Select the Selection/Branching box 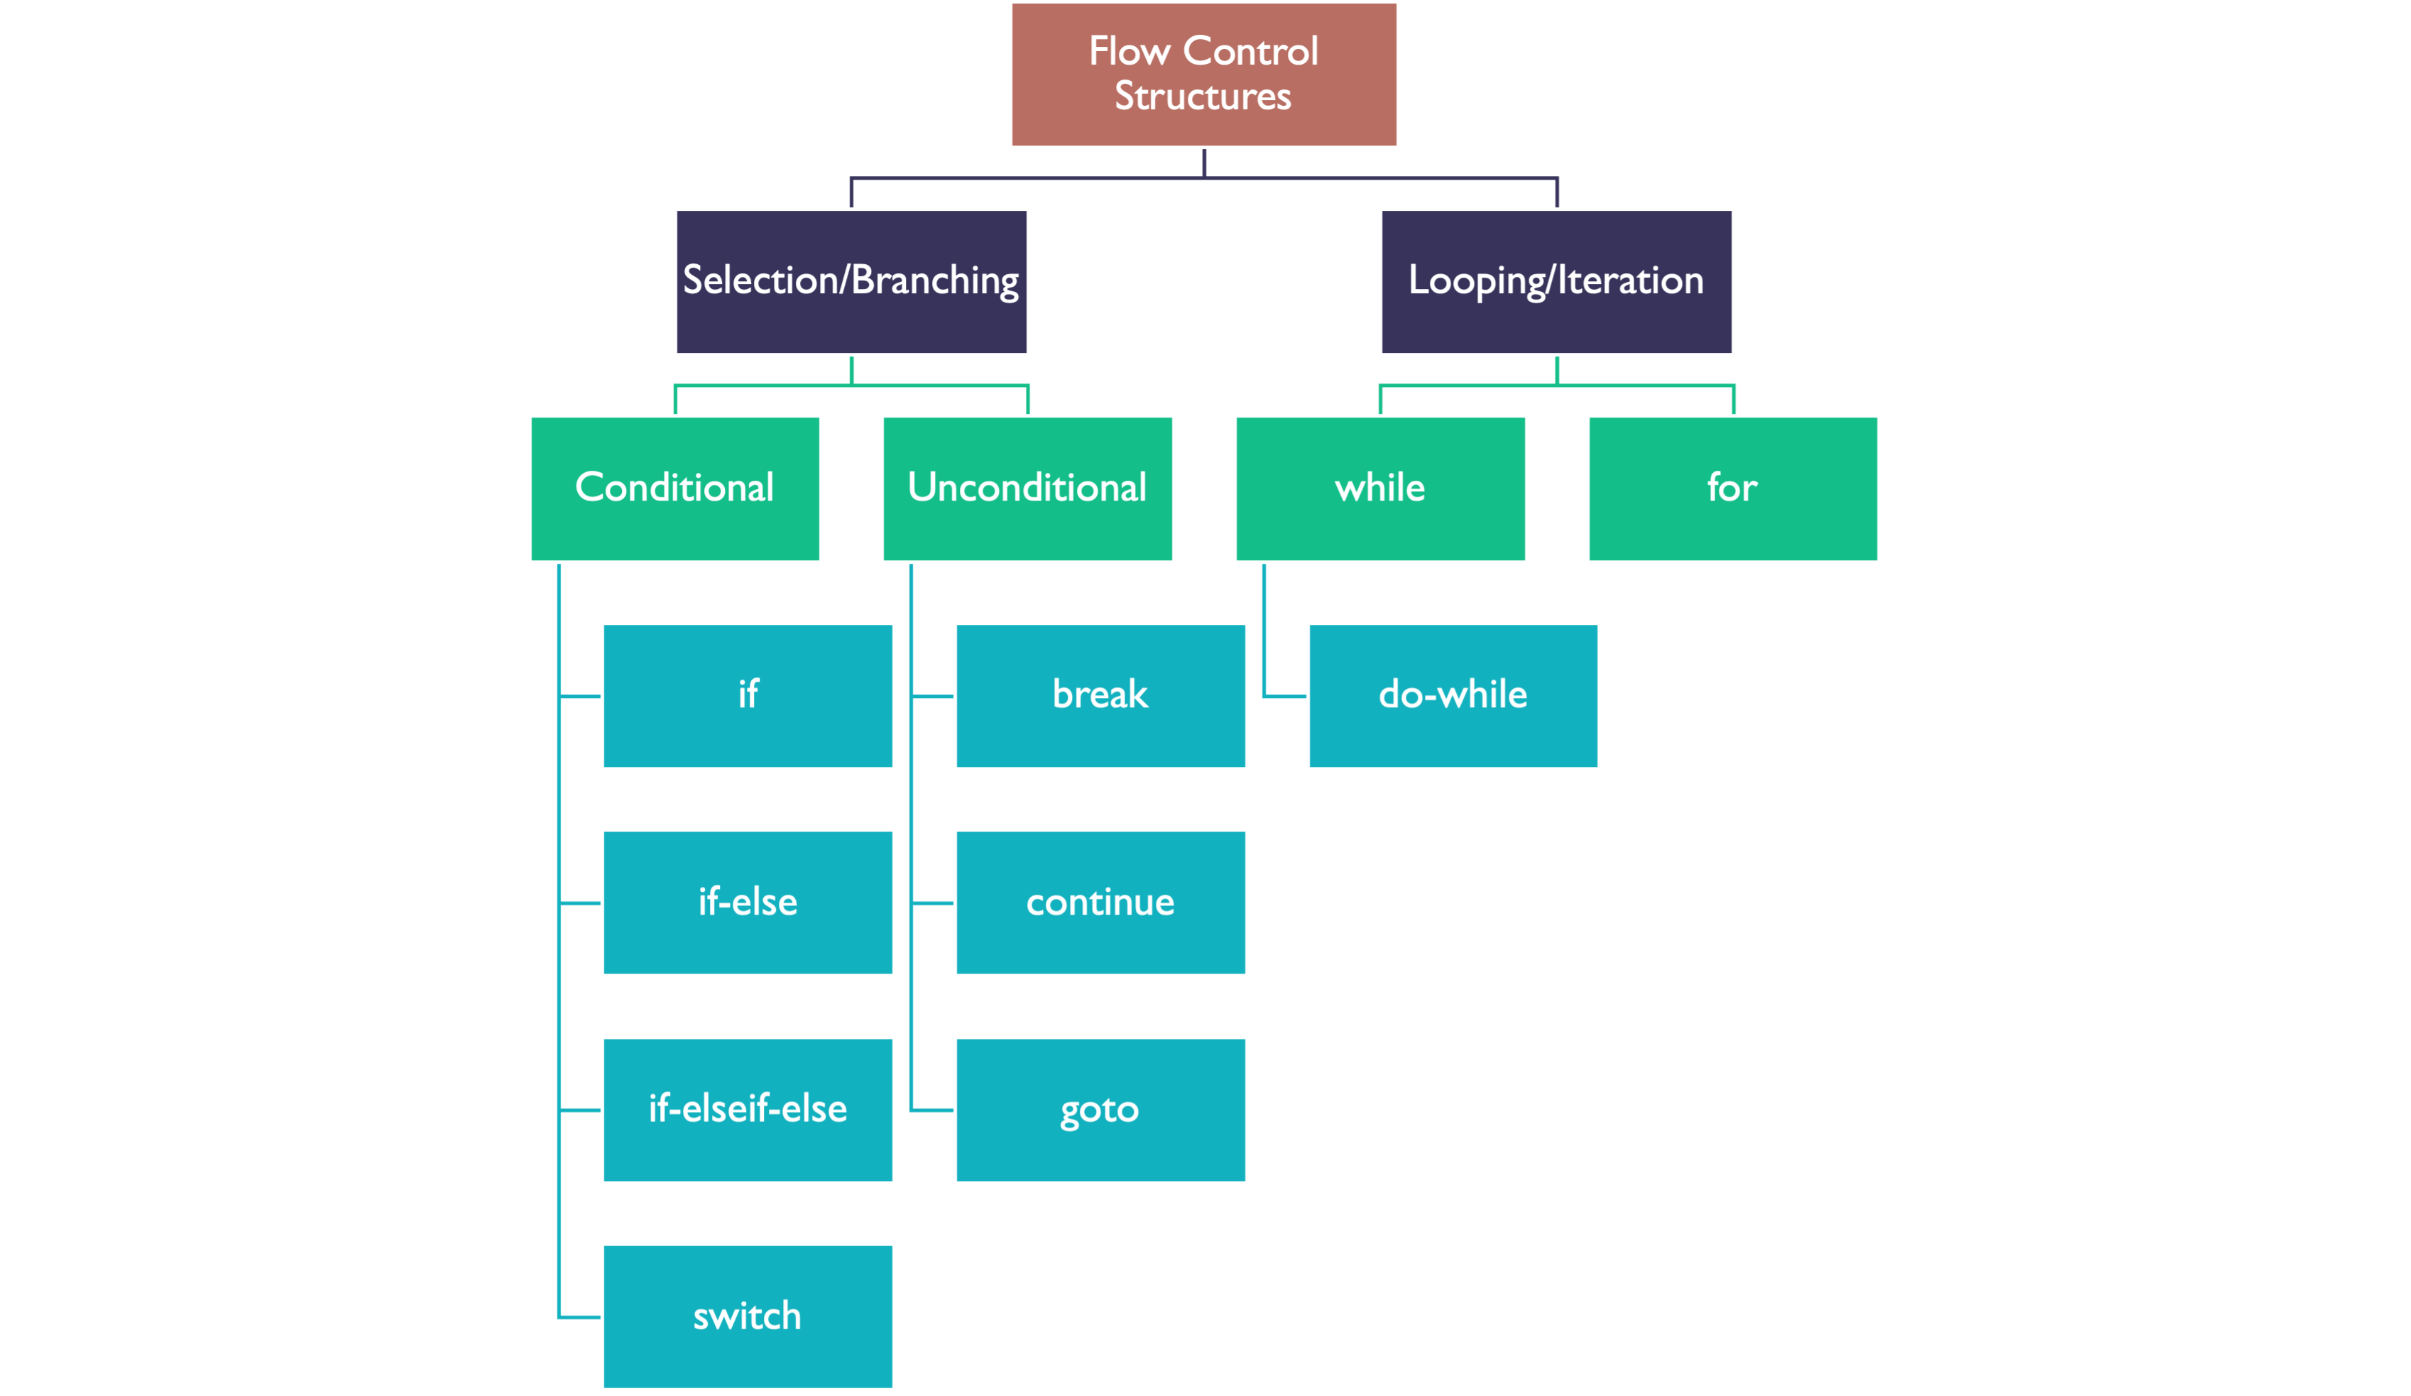[851, 281]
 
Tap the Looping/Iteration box [1556, 281]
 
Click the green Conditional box [674, 488]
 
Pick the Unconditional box [1027, 488]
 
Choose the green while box [1379, 488]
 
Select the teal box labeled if [747, 696]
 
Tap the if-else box [747, 903]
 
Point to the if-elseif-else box [747, 1109]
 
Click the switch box [747, 1316]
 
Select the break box [1100, 696]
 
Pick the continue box [1100, 903]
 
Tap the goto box [1100, 1110]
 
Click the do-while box [1453, 696]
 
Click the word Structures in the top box [1203, 97]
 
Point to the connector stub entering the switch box [580, 1318]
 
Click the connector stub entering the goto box [932, 1110]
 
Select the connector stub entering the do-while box [1284, 697]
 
